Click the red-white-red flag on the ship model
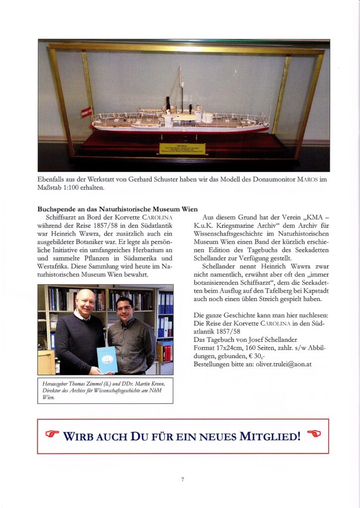(x=87, y=112)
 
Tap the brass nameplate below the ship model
(x=182, y=148)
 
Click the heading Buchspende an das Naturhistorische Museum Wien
(x=118, y=209)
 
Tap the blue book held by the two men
(x=107, y=359)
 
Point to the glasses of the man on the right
(x=124, y=307)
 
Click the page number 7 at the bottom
(x=182, y=479)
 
